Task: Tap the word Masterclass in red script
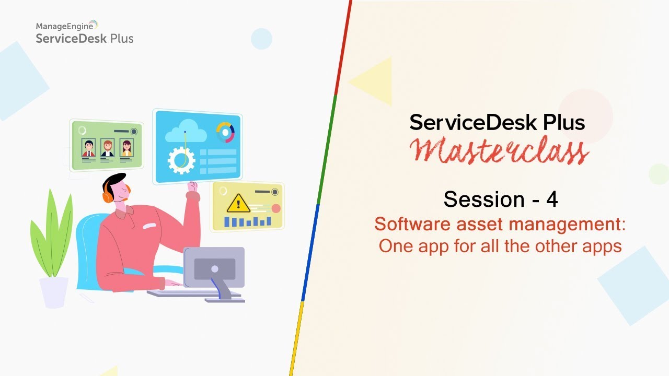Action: point(499,150)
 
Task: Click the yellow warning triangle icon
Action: point(238,203)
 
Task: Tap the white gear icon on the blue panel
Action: point(181,160)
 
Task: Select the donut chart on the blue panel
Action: point(225,132)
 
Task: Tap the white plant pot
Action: point(54,291)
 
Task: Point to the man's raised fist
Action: point(192,186)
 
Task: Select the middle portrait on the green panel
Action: point(107,148)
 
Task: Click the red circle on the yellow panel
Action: point(275,208)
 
